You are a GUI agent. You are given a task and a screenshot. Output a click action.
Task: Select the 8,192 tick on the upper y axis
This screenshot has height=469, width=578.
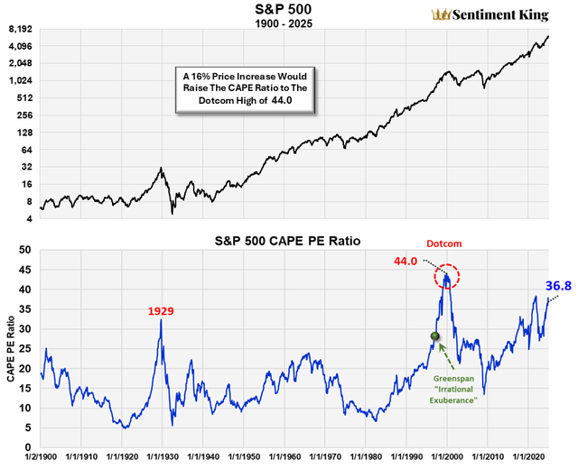pos(19,29)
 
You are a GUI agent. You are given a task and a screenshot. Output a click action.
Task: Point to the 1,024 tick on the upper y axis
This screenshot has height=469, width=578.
pos(19,80)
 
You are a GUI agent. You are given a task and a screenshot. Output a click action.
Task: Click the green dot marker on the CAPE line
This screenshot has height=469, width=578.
pos(434,336)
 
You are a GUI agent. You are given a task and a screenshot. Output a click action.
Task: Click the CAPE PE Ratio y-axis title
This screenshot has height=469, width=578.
pos(9,348)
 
